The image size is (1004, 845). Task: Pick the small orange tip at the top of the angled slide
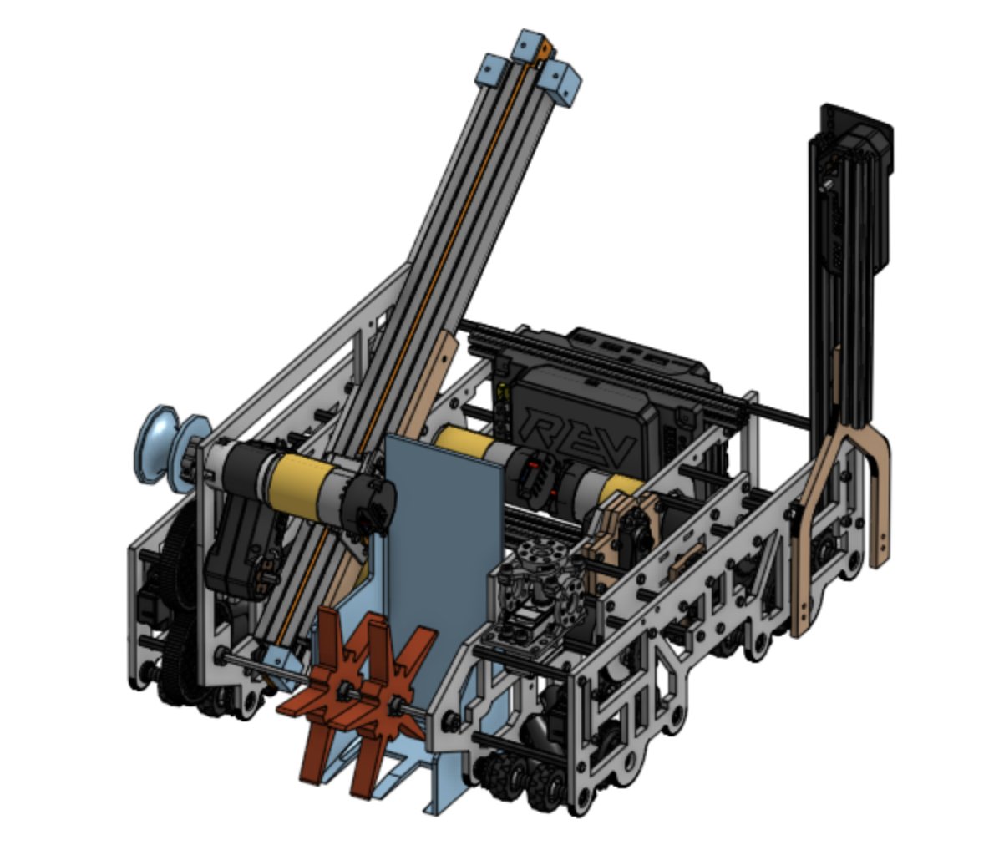click(546, 49)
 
